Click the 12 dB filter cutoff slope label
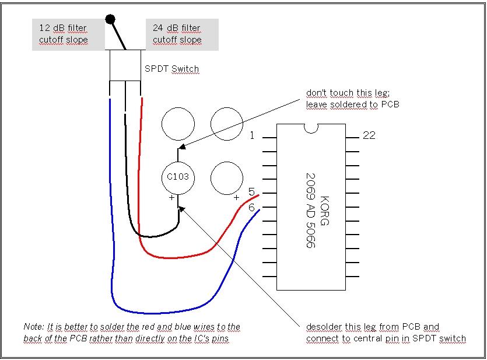click(63, 34)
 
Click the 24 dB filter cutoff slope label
click(177, 34)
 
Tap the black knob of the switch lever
click(110, 20)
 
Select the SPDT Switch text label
click(171, 69)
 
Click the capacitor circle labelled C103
click(178, 177)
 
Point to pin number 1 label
click(252, 136)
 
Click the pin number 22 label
click(369, 135)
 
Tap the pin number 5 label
click(251, 192)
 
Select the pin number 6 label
click(251, 207)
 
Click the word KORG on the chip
click(325, 211)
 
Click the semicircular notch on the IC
click(311, 128)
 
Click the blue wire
click(111, 233)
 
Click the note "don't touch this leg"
click(343, 93)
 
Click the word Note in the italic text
click(33, 327)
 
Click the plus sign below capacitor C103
click(171, 198)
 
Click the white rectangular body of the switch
click(125, 65)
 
